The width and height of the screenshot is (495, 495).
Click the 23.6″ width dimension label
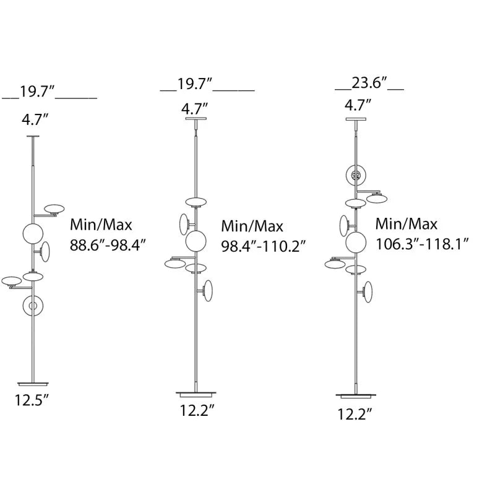click(x=369, y=83)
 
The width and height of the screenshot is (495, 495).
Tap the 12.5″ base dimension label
click(x=32, y=400)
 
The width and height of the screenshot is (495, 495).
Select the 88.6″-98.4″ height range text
click(x=108, y=245)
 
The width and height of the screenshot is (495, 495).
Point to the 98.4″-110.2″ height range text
click(x=264, y=246)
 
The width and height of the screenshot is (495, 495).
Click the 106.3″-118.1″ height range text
click(x=422, y=244)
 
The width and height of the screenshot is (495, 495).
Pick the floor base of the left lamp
click(x=33, y=384)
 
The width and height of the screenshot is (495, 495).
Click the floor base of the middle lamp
click(x=196, y=394)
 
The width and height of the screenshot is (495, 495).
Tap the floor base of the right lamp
click(x=356, y=395)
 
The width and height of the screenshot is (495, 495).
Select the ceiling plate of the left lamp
click(x=33, y=136)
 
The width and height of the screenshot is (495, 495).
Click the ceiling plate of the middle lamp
click(x=196, y=119)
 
